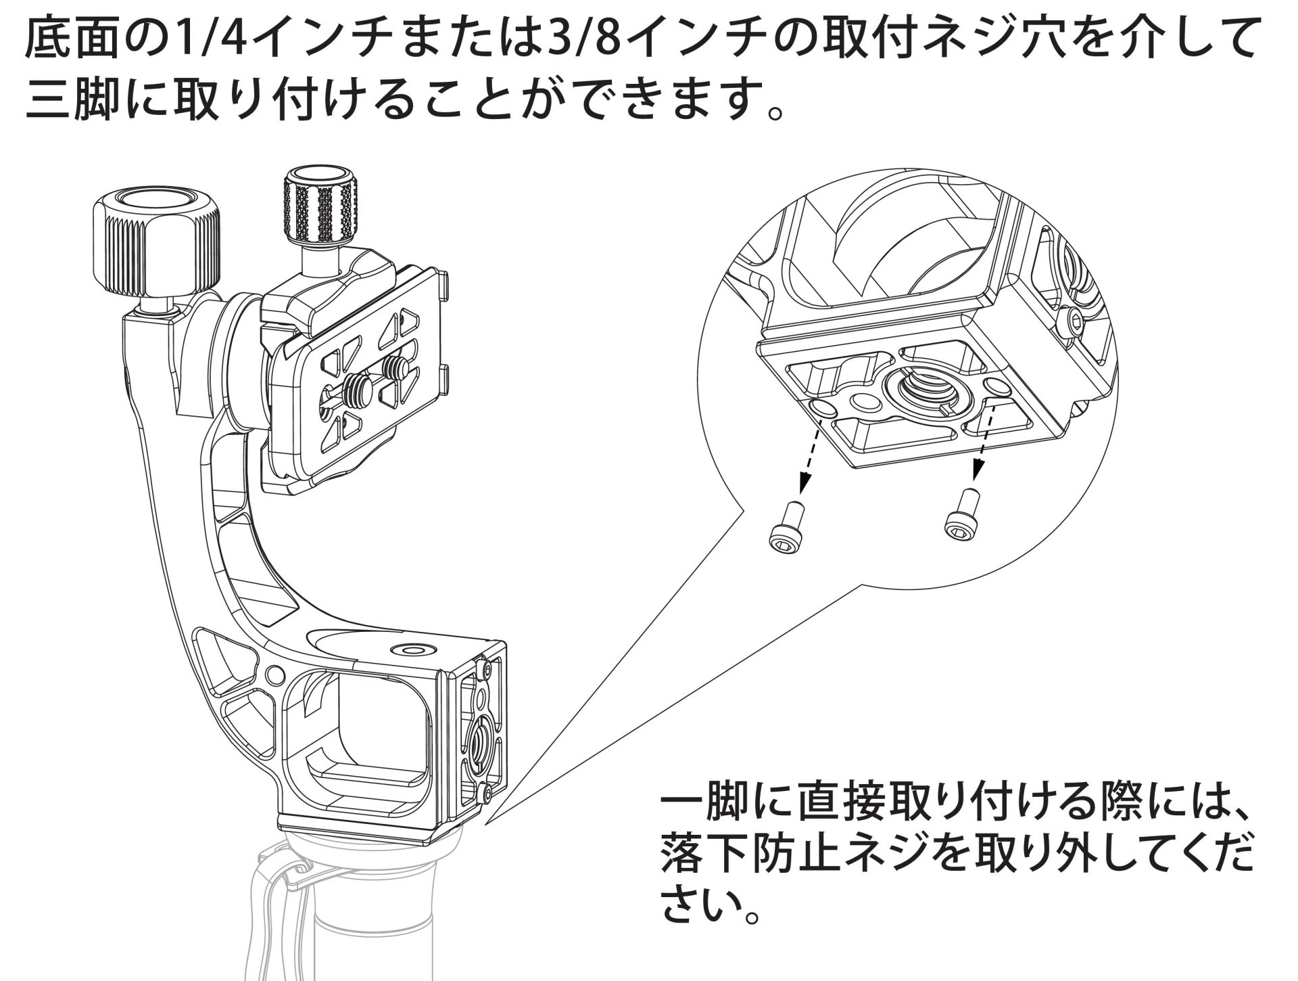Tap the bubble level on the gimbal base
click(x=411, y=649)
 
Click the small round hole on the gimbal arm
click(x=274, y=674)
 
